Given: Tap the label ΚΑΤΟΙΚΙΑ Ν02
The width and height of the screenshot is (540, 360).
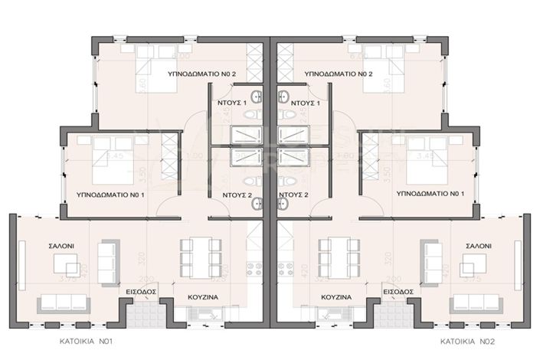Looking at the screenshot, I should click(x=465, y=342).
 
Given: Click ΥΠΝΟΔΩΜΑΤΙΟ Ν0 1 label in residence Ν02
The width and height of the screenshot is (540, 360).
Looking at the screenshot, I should click(x=431, y=195).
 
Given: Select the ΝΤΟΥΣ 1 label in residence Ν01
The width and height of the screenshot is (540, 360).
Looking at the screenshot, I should click(x=234, y=101).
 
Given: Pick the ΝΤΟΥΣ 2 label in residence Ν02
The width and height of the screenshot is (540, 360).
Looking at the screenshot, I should click(x=293, y=195).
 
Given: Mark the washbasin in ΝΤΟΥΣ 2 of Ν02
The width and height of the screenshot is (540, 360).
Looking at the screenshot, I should click(x=283, y=202).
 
